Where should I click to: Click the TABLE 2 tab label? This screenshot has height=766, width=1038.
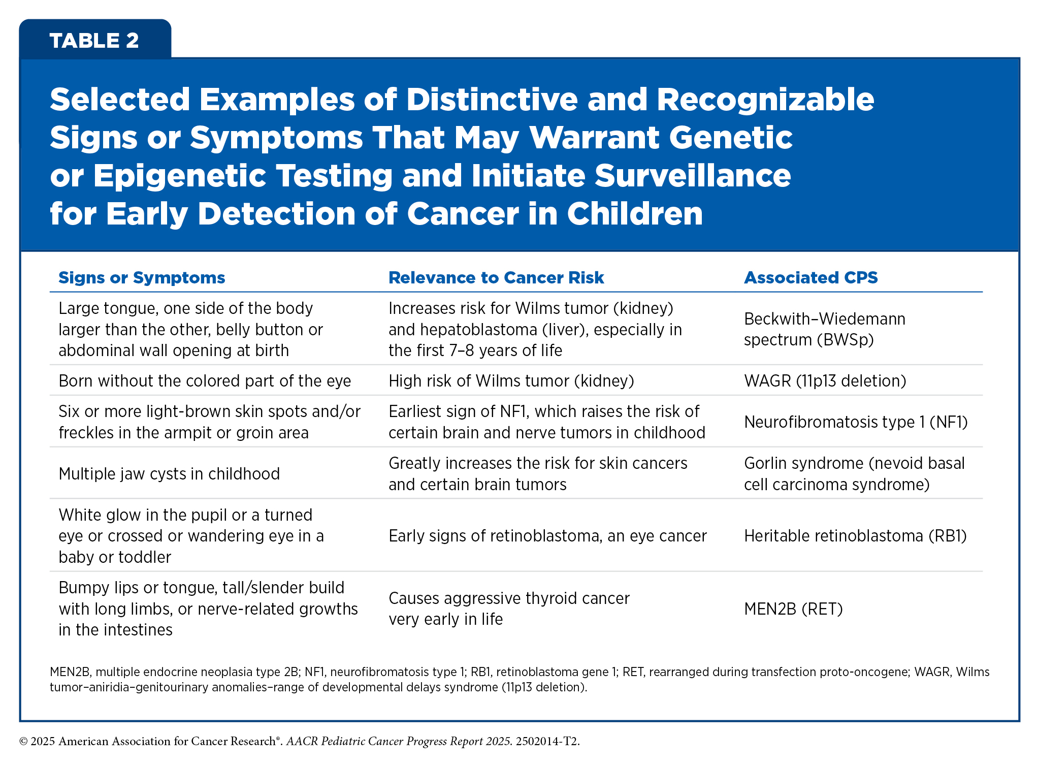click(94, 41)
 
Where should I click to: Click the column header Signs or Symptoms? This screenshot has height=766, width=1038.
click(142, 277)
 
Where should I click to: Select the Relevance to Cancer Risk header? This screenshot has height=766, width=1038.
click(496, 277)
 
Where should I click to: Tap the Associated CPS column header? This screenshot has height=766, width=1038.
click(810, 277)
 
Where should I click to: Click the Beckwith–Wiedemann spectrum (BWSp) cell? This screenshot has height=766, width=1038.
click(825, 329)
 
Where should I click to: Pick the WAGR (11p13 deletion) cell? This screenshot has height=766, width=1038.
click(825, 381)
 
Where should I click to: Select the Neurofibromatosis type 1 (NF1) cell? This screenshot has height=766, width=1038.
click(856, 422)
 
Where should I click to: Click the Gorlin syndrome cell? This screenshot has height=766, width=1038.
click(854, 473)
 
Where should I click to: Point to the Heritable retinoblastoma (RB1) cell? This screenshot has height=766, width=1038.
click(855, 536)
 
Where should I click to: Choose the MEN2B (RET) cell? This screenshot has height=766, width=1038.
click(793, 609)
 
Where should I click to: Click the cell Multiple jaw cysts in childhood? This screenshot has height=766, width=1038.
click(169, 474)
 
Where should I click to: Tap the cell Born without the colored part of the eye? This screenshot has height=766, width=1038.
click(205, 381)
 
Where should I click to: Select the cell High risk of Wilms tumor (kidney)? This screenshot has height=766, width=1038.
click(511, 381)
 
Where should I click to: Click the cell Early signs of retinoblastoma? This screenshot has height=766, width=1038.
click(547, 536)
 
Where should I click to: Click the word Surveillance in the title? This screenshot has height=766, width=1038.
click(693, 176)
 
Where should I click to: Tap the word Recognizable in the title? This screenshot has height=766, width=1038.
click(765, 100)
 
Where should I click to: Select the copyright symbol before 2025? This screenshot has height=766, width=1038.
click(23, 742)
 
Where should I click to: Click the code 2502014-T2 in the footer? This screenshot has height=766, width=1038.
click(546, 741)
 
